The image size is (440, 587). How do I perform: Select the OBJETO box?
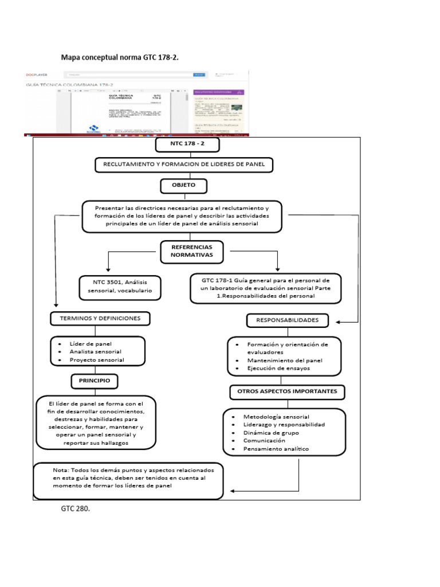(x=183, y=186)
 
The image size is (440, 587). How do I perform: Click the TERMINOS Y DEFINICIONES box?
(x=100, y=318)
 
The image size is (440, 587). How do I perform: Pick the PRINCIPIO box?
(x=95, y=380)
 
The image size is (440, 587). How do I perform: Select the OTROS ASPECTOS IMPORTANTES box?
(x=288, y=392)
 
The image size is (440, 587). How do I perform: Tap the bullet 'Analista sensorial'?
(x=95, y=351)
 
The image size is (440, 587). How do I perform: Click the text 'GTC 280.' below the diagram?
(x=76, y=508)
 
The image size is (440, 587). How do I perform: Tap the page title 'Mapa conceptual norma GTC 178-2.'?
(x=119, y=57)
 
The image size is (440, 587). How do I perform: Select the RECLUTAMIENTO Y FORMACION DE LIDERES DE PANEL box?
(x=183, y=166)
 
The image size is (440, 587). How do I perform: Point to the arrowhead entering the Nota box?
(x=232, y=491)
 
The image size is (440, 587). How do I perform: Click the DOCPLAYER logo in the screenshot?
(x=37, y=75)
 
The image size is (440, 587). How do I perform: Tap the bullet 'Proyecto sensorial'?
(x=97, y=360)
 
